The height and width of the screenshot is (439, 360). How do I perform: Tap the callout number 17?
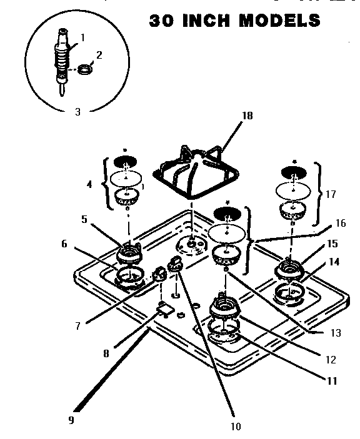click(x=331, y=194)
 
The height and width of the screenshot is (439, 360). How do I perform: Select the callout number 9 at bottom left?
click(x=71, y=420)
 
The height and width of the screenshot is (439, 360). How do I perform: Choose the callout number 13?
click(x=336, y=333)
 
